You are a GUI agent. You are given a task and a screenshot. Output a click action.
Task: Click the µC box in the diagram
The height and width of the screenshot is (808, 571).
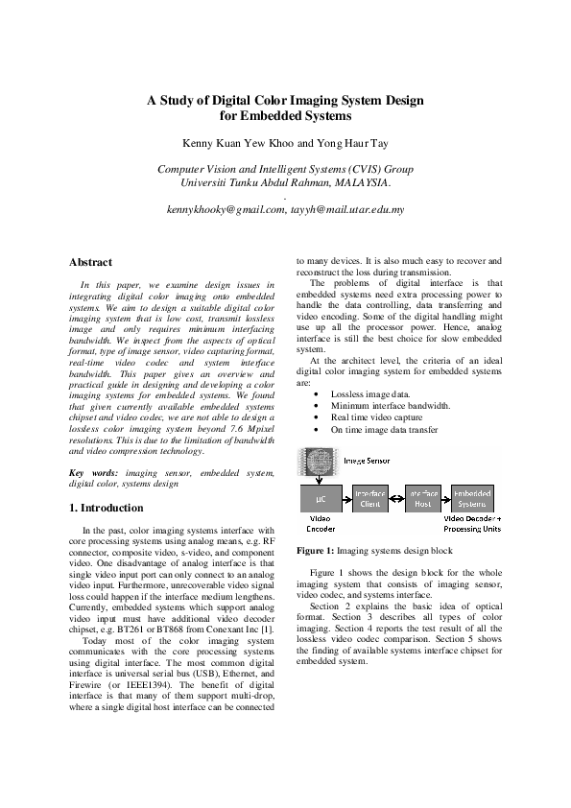pos(321,499)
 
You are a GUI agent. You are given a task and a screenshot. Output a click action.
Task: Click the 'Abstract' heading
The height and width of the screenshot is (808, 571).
pos(91,262)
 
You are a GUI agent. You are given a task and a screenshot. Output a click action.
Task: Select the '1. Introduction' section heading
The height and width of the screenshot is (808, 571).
pos(107,507)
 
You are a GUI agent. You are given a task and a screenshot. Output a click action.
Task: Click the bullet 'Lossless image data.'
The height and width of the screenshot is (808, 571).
pos(370,394)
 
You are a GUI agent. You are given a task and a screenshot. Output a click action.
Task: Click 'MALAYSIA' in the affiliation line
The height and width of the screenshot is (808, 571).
pos(359,182)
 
